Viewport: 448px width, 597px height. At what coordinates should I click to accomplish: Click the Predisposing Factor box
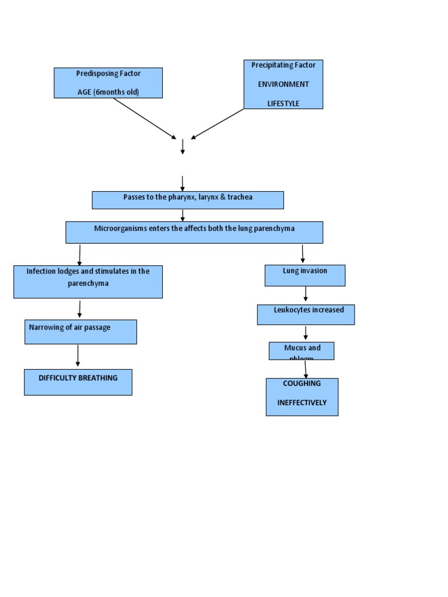click(x=108, y=82)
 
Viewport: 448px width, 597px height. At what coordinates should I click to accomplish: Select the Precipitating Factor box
click(x=283, y=84)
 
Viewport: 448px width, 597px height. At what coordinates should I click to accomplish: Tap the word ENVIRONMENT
click(x=283, y=84)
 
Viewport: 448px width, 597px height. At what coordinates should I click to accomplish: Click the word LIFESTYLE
click(x=283, y=103)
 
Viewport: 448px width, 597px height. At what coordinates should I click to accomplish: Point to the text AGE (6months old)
click(x=108, y=92)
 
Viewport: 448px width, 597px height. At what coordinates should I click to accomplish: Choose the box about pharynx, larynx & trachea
click(x=187, y=200)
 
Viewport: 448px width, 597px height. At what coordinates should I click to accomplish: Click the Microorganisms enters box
click(x=194, y=232)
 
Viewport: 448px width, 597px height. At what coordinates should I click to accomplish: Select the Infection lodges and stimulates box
click(x=87, y=282)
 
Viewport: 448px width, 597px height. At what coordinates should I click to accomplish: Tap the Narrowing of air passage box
click(x=80, y=332)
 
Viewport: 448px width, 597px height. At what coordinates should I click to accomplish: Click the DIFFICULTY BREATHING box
click(x=78, y=382)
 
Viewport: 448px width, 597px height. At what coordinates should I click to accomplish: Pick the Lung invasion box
click(x=304, y=275)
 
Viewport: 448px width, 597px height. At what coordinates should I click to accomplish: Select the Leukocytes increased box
click(x=306, y=314)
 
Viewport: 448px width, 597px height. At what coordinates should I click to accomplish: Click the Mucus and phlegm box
click(x=302, y=350)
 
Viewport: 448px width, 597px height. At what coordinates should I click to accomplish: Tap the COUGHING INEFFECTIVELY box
click(x=302, y=396)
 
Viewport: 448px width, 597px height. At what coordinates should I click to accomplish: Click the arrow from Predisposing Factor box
click(x=145, y=118)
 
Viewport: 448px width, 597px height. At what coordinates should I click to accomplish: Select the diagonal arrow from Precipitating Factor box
click(x=217, y=124)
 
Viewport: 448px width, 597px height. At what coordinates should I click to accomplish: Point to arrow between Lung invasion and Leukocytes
click(x=306, y=294)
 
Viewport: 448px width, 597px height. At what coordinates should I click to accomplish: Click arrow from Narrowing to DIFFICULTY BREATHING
click(x=78, y=356)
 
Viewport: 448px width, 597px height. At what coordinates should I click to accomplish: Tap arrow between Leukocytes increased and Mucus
click(x=306, y=333)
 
